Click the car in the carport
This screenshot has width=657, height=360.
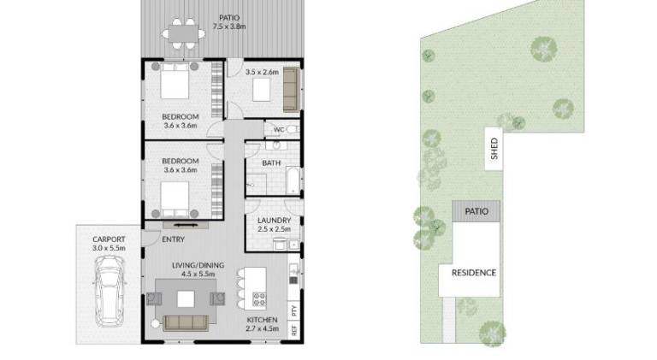click(x=109, y=292)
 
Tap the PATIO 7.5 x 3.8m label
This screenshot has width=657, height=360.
click(x=229, y=22)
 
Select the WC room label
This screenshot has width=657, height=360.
click(x=279, y=130)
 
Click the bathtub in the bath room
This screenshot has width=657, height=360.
click(x=293, y=180)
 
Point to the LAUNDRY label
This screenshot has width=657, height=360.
click(x=274, y=220)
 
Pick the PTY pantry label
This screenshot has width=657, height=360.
click(x=294, y=310)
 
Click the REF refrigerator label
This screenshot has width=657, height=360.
click(x=294, y=330)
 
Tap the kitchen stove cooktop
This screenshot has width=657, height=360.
click(x=259, y=299)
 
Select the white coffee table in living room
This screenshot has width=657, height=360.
click(x=186, y=299)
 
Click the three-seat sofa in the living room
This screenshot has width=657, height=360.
click(x=186, y=323)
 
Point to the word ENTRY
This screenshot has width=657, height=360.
click(x=173, y=239)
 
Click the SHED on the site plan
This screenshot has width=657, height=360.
click(x=494, y=149)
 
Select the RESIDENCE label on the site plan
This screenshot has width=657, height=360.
click(x=474, y=273)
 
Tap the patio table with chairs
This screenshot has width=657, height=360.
click(x=184, y=34)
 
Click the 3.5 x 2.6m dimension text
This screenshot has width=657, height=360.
click(x=262, y=72)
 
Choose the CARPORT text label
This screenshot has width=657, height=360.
click(x=109, y=239)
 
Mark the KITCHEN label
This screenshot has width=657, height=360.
click(x=262, y=320)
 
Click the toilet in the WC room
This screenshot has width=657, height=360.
click(x=293, y=129)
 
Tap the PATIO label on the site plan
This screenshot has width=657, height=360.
click(x=476, y=211)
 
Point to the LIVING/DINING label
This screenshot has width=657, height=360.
click(x=198, y=265)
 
